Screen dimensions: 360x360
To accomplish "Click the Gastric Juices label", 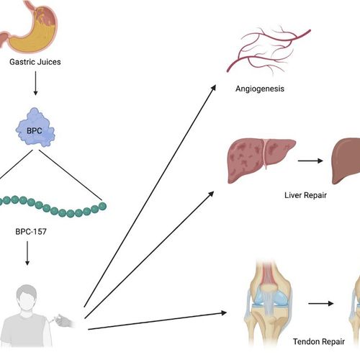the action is tap(35, 62).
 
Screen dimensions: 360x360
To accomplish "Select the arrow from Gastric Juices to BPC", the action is tap(35, 83).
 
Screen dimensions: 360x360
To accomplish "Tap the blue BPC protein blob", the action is tap(35, 127).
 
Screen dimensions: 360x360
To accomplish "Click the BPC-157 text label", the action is tap(31, 232).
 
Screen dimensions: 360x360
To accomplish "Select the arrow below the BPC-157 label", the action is tap(27, 253).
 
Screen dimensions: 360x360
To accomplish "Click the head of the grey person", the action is tap(27, 297).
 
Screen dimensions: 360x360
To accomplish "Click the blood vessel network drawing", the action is tap(269, 49).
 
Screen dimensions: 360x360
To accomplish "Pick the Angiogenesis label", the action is tap(260, 89).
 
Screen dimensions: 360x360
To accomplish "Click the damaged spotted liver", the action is tap(261, 161).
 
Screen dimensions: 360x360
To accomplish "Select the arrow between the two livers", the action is tap(310, 161).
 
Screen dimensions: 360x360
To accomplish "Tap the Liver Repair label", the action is tap(305, 195).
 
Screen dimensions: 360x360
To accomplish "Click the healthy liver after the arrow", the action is tap(346, 161).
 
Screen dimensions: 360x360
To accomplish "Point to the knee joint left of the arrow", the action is tap(269, 303).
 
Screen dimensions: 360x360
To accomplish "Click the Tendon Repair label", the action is tap(319, 341).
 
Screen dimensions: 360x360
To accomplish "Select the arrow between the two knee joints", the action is tap(321, 304).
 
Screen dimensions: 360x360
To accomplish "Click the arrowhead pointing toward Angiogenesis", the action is tap(213, 88).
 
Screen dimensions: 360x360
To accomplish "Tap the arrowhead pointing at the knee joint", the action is tap(224, 312).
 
